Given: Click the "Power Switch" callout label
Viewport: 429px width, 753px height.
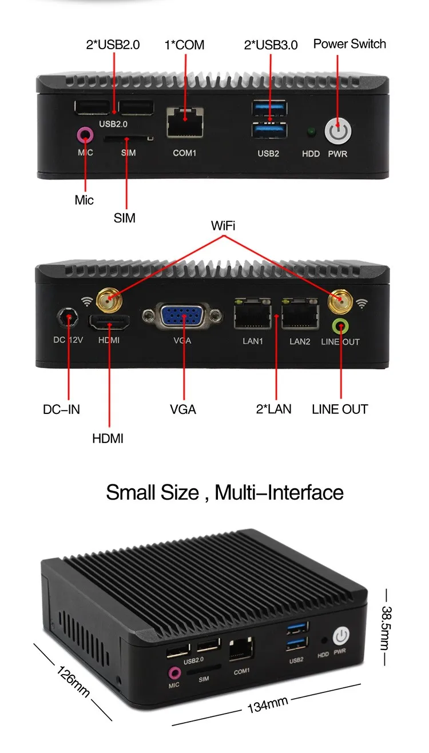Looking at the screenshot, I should click(349, 44).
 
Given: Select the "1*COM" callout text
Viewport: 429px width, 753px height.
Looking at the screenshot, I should click(184, 45).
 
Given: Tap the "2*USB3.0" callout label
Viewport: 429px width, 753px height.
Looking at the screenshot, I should click(271, 45).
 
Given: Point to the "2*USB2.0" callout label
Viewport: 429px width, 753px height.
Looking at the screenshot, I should click(113, 45).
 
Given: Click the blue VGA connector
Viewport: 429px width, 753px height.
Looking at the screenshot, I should click(182, 317).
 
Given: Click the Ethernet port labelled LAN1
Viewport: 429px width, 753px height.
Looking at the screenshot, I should click(252, 315).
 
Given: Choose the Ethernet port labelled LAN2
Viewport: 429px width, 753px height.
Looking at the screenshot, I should click(300, 315).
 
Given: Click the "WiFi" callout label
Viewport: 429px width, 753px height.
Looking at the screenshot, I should click(223, 225).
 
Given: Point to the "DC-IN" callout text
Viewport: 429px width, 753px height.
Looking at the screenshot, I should click(61, 409).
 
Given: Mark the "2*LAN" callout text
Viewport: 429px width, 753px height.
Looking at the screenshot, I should click(273, 409).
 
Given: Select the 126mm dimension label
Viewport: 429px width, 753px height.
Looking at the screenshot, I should click(73, 680).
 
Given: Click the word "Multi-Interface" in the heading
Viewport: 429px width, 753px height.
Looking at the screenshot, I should click(279, 492).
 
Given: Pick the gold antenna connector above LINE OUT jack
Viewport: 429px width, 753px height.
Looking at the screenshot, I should click(339, 300).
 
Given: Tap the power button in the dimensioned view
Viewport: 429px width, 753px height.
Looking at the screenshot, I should click(340, 635).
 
